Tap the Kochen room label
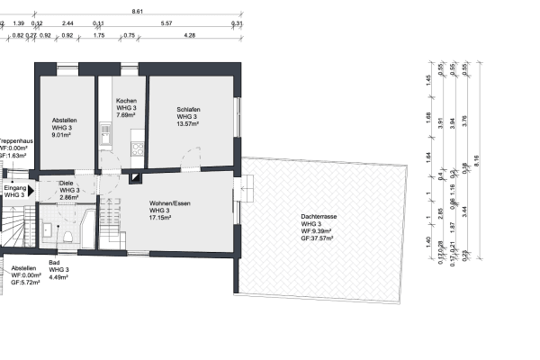pyautogui.click(x=126, y=100)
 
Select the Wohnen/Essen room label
pyautogui.click(x=170, y=203)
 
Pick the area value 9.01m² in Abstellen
pyautogui.click(x=61, y=136)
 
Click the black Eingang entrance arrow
pyautogui.click(x=32, y=190)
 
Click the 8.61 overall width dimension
pyautogui.click(x=137, y=10)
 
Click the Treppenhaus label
pyautogui.click(x=16, y=141)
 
